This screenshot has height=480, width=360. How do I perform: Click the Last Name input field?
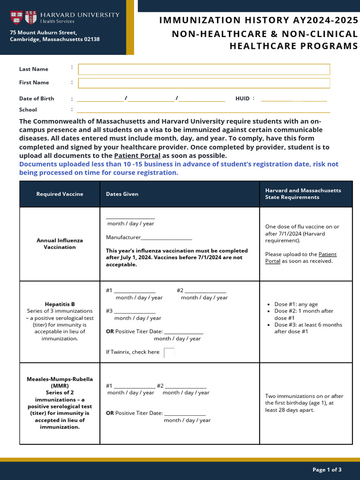coord(204,69)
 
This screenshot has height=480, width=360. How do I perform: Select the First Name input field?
coord(204,83)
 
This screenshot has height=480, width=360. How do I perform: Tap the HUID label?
coord(242,98)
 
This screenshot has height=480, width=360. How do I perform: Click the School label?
coord(28,110)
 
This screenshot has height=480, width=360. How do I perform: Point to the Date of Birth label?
coord(37,98)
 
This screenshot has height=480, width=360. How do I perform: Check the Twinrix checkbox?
coord(169,352)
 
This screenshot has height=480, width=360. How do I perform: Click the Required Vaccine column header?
coord(60,194)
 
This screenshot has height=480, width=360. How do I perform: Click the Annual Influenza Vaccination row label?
coord(60,244)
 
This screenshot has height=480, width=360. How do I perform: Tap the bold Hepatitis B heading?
coord(60,304)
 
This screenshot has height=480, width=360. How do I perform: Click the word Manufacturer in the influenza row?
coord(123,238)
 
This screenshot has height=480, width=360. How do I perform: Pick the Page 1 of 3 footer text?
coord(327,470)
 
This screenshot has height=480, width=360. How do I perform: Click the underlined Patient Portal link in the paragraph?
coord(137,156)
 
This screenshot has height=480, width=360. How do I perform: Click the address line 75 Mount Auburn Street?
coord(44,32)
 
